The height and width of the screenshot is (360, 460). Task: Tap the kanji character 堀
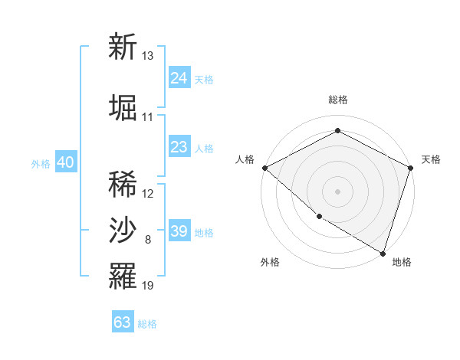coord(123,108)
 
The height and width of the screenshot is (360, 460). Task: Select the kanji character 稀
coord(123,184)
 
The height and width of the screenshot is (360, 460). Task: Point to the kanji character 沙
coord(123,231)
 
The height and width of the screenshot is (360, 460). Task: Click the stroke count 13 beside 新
coord(148,56)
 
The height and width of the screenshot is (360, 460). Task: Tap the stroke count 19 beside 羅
coord(148,286)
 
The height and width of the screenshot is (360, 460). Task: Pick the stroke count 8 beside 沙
coord(148,241)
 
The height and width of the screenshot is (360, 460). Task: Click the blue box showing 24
coord(179,78)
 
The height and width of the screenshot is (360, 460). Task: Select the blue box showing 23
coord(179,147)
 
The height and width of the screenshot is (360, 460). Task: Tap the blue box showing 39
coord(179,231)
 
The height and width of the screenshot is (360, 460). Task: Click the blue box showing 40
coord(65,162)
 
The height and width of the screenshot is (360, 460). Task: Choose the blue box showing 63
coord(123,322)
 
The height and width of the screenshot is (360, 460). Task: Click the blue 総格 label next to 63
coord(147,324)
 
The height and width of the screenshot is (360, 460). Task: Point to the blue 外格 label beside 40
coord(41,164)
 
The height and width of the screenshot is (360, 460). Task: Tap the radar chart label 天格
coord(431,159)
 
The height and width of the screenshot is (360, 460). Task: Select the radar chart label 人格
coord(245,159)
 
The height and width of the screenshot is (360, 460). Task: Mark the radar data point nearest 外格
coord(319,216)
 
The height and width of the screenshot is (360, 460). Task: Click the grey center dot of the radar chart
coord(337,191)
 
